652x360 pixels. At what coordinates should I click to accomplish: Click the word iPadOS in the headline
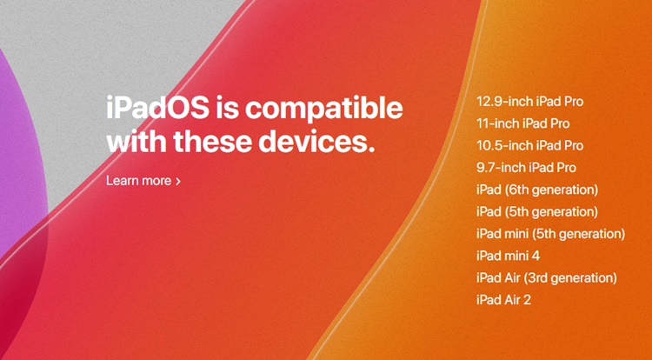pyautogui.click(x=158, y=107)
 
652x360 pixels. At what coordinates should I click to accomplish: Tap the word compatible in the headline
pyautogui.click(x=324, y=109)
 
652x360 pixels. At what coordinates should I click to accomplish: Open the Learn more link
pyautogui.click(x=143, y=180)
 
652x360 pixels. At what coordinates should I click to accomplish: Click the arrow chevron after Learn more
pyautogui.click(x=178, y=181)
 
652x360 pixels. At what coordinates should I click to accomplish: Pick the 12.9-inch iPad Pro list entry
pyautogui.click(x=529, y=102)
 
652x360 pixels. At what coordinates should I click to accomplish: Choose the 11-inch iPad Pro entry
pyautogui.click(x=523, y=123)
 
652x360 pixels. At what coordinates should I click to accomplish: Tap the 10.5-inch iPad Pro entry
pyautogui.click(x=529, y=145)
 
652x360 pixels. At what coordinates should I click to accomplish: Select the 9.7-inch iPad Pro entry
pyautogui.click(x=527, y=168)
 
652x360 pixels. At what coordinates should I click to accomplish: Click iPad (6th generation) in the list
pyautogui.click(x=537, y=190)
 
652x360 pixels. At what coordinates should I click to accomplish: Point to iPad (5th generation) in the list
pyautogui.click(x=537, y=212)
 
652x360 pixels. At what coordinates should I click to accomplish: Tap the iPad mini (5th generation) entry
pyautogui.click(x=551, y=234)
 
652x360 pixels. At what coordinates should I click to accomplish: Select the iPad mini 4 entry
pyautogui.click(x=509, y=256)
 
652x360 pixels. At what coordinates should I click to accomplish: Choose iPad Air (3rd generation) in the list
pyautogui.click(x=547, y=278)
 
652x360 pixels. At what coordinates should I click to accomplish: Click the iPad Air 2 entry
pyautogui.click(x=503, y=300)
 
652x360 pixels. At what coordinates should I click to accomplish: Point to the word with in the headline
pyautogui.click(x=136, y=142)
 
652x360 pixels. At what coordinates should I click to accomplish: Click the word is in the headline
pyautogui.click(x=227, y=107)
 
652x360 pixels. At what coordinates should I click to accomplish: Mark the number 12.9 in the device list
pyautogui.click(x=489, y=102)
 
